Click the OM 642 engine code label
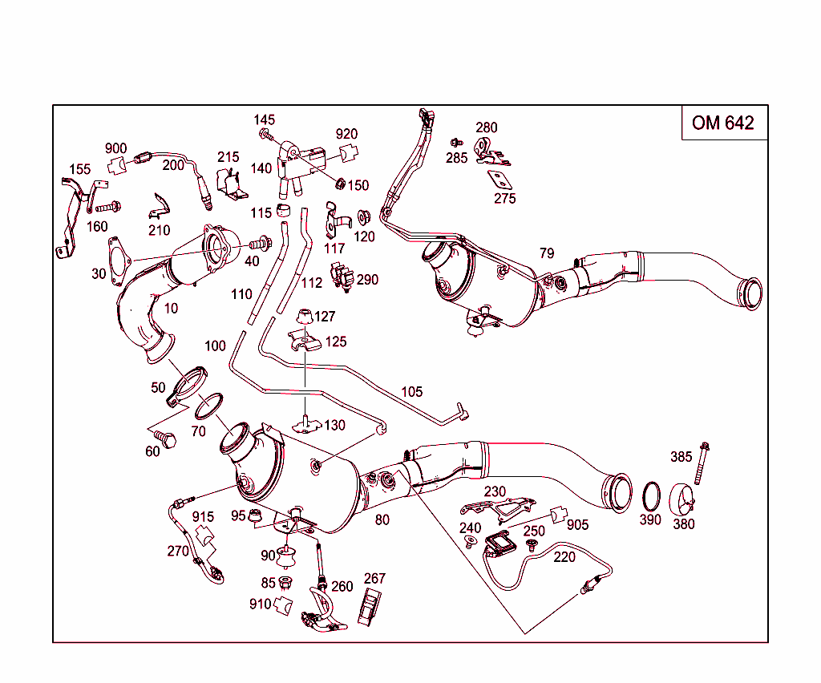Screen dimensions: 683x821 point(723,123)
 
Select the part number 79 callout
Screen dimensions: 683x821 point(547,253)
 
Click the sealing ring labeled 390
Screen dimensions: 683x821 point(651,496)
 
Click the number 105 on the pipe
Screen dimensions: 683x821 point(411,392)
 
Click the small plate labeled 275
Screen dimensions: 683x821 point(501,180)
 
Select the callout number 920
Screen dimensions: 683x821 point(346,134)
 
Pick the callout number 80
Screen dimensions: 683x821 point(382,519)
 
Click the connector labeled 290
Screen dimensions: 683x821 point(343,277)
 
